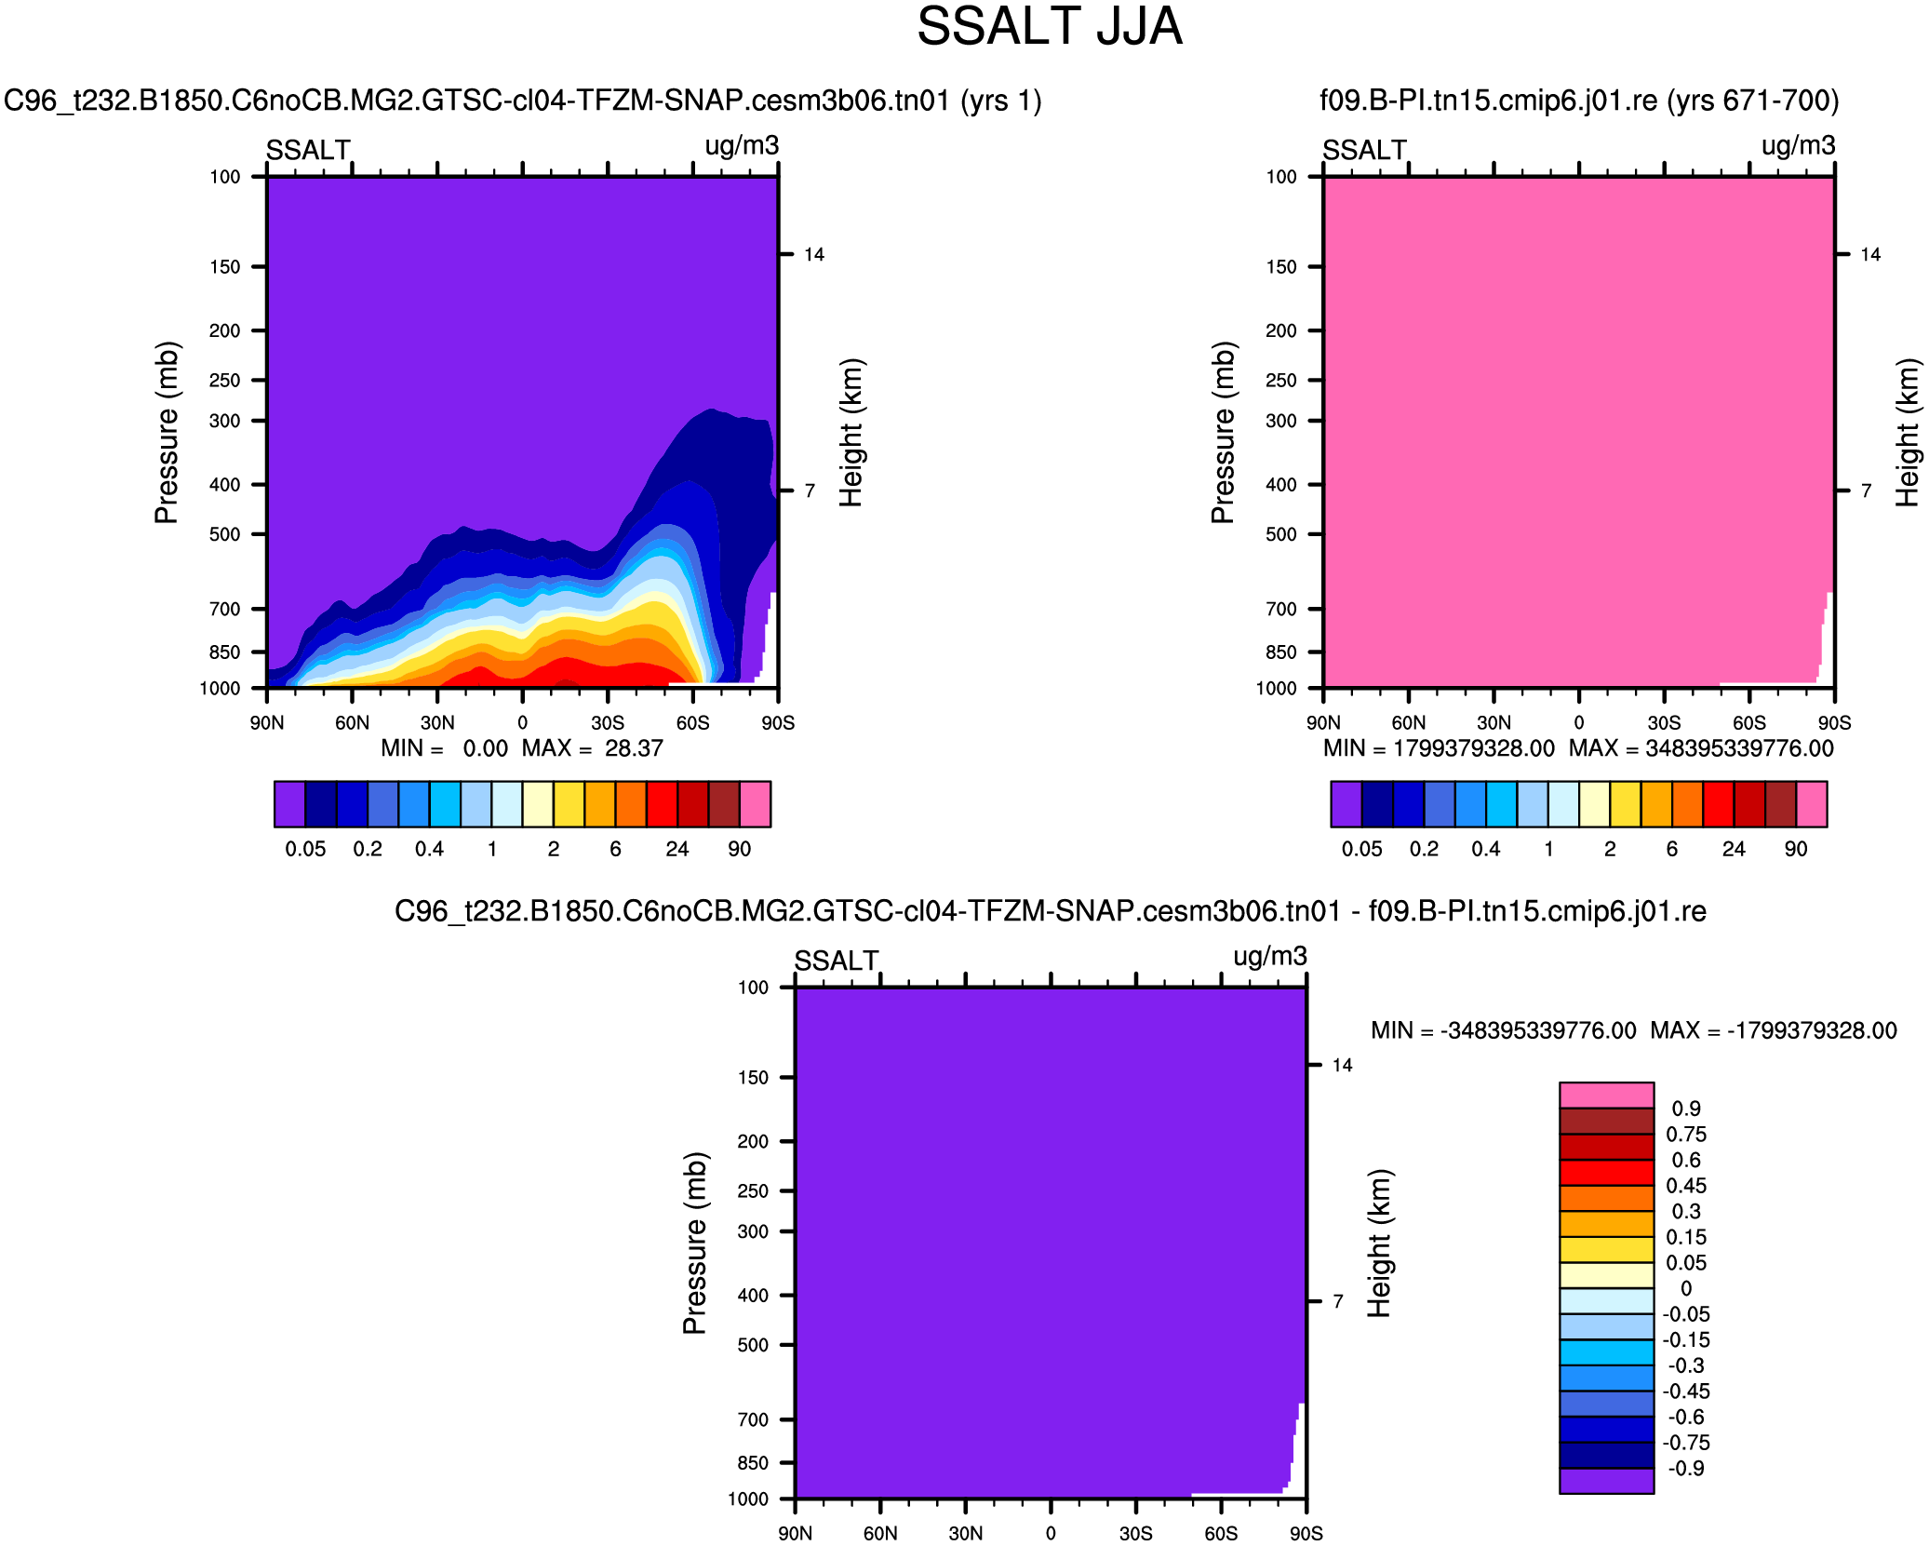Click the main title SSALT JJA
1049,27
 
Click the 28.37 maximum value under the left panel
634,748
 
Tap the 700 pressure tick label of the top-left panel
225,610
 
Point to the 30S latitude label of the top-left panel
608,723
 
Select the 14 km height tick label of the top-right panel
1870,255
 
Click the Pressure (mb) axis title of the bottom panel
695,1243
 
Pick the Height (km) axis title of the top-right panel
1908,432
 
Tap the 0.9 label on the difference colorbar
1685,1109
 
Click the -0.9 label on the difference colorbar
1685,1469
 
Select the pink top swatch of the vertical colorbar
1606,1095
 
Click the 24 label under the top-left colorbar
676,849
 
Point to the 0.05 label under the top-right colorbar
1361,849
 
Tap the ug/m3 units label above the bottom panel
1269,957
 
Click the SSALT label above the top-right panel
1364,150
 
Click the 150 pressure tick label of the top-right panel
1281,267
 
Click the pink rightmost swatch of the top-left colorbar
756,804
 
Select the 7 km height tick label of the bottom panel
1338,1301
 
